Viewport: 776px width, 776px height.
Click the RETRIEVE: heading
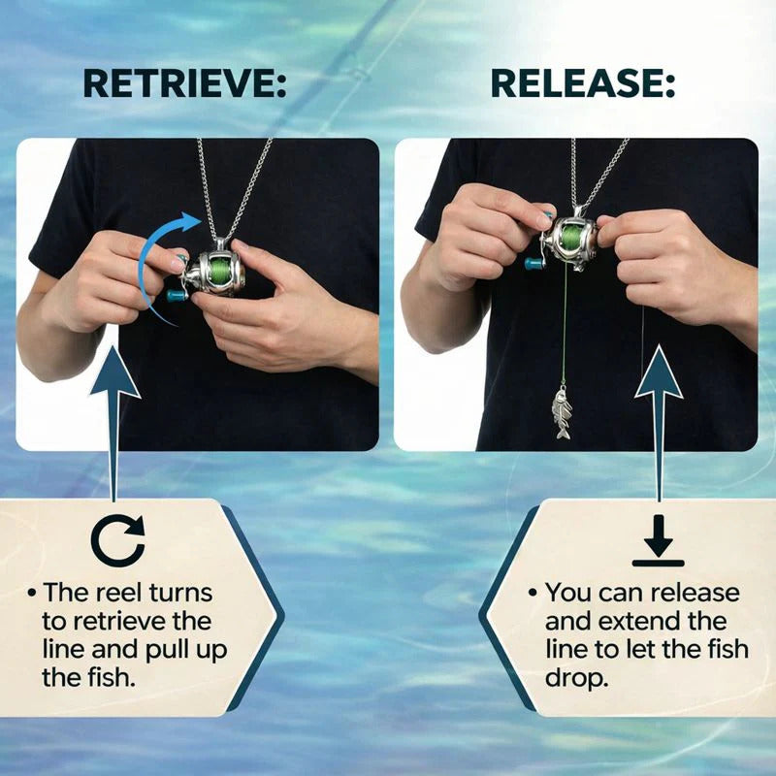(184, 83)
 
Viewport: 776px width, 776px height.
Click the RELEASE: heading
(582, 83)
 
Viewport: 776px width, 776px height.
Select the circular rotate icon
(117, 540)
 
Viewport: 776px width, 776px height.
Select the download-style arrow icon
(658, 540)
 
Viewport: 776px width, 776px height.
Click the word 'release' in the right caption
(689, 593)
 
